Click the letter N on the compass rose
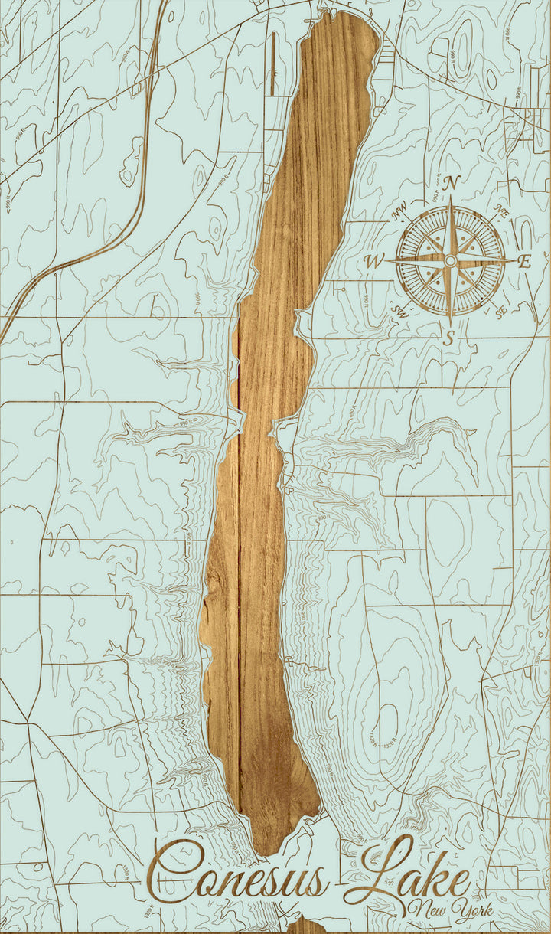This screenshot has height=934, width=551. [452, 183]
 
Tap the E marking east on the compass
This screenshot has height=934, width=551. [524, 261]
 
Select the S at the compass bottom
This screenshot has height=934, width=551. [450, 336]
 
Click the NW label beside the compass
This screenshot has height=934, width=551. [399, 214]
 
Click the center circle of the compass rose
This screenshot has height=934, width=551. [450, 261]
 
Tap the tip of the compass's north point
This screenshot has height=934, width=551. [451, 198]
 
